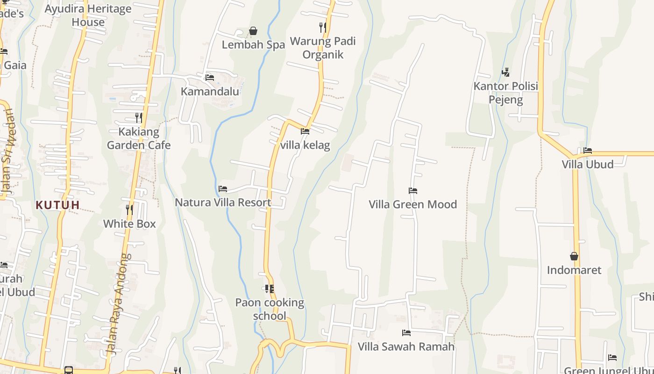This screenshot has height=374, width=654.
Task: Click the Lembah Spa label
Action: (253, 45)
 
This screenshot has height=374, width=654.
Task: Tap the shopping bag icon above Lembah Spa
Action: (253, 31)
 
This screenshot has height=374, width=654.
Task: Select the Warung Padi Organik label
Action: (323, 48)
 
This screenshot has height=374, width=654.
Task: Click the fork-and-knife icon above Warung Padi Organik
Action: (322, 28)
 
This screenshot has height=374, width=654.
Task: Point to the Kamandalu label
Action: (210, 91)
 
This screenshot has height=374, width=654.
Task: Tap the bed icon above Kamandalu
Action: (210, 77)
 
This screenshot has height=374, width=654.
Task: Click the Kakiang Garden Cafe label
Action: (139, 138)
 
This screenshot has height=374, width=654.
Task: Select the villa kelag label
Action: (305, 145)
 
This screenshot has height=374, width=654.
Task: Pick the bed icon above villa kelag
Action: (305, 131)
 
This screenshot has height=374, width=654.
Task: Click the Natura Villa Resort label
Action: (223, 202)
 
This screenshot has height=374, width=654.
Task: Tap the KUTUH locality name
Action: (57, 205)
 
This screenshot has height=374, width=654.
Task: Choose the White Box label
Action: (129, 223)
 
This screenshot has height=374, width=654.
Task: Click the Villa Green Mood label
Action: (413, 204)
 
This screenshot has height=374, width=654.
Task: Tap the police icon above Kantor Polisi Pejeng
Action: (505, 72)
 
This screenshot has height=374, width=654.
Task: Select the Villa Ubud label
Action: (588, 164)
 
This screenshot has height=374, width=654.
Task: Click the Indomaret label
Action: (574, 270)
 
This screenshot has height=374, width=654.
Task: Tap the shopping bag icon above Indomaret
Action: (574, 256)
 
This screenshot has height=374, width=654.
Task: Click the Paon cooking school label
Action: (270, 309)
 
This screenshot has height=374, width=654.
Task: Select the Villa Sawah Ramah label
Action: (406, 346)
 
